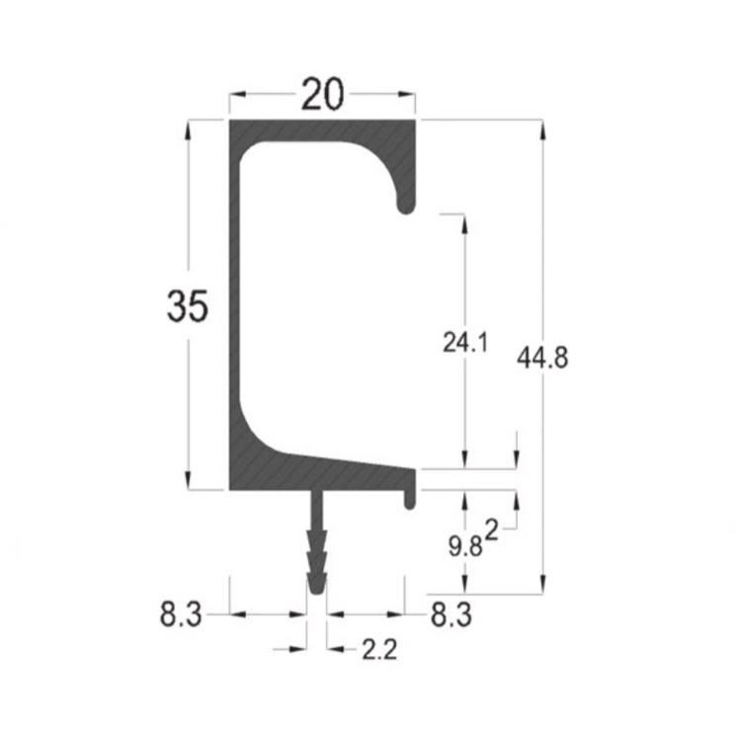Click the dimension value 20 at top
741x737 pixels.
tap(322, 95)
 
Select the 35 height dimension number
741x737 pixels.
tap(187, 306)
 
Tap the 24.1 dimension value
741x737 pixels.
tap(464, 343)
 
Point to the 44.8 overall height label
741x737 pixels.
tap(542, 358)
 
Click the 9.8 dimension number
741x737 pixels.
tap(465, 548)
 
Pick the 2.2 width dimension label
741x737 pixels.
tap(379, 650)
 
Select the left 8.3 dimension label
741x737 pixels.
tap(181, 615)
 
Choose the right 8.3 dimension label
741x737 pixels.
tap(451, 615)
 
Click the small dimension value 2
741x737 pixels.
tap(492, 531)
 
